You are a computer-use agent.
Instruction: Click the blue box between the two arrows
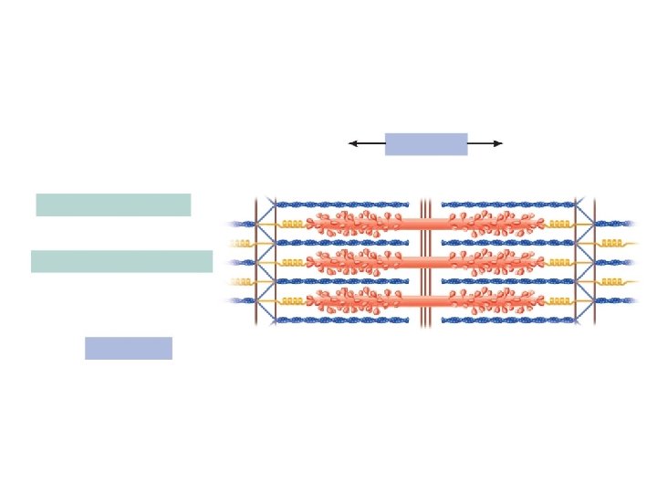click(x=426, y=144)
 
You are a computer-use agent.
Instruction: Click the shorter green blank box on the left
click(x=113, y=205)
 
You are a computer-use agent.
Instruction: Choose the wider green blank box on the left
click(x=121, y=261)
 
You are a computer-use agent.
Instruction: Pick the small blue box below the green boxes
click(x=129, y=348)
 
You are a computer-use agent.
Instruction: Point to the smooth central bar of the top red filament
click(x=425, y=224)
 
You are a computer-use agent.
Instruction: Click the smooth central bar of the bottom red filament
click(x=425, y=300)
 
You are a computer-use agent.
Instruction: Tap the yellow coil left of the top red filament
click(x=292, y=224)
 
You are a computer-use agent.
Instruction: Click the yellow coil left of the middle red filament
click(x=292, y=262)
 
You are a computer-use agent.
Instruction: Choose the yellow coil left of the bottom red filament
click(x=292, y=300)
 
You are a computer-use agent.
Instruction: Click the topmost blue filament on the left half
click(x=342, y=205)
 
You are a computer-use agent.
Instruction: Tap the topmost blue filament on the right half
click(x=507, y=205)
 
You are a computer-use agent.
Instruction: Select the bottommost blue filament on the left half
click(x=342, y=320)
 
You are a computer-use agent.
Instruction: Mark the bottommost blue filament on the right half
click(x=507, y=320)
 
